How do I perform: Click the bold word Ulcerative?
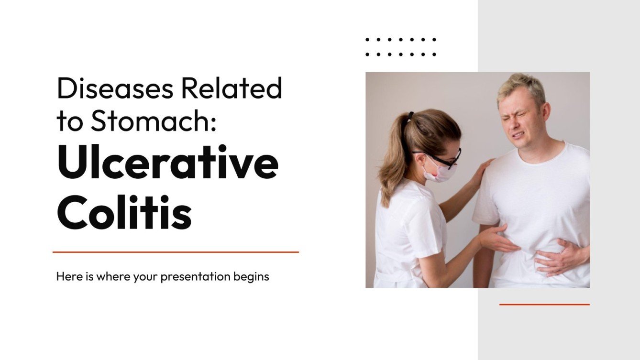click(167, 164)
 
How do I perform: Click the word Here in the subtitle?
click(66, 276)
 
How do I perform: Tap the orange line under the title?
click(176, 252)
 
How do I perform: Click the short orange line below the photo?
click(544, 304)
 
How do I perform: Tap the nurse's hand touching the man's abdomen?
click(497, 239)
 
